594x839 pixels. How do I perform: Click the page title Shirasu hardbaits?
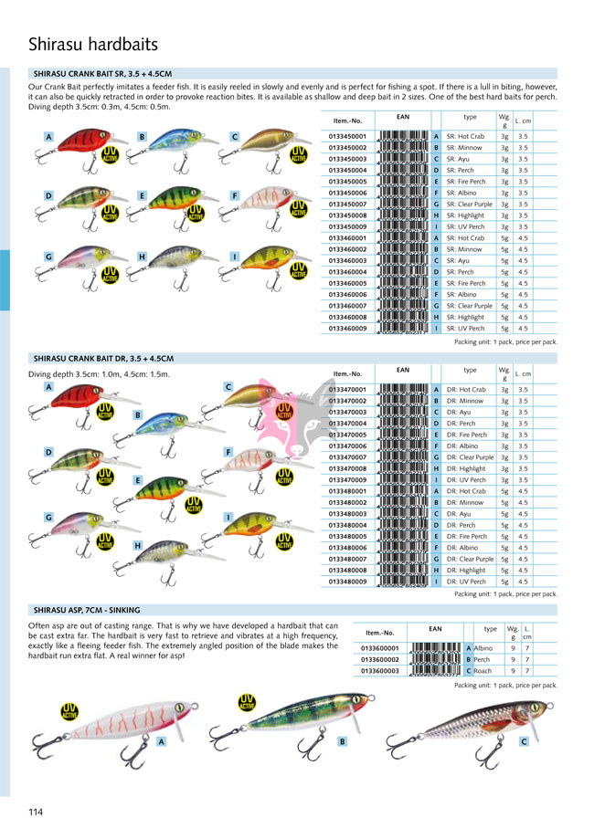pos(93,44)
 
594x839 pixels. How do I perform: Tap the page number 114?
pos(36,812)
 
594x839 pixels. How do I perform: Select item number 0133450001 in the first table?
pos(347,136)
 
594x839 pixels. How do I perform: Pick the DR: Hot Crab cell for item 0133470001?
pos(466,389)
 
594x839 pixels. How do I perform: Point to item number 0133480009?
pos(347,582)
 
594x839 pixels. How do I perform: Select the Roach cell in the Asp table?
pos(483,670)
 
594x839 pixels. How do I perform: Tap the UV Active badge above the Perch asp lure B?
pos(247,702)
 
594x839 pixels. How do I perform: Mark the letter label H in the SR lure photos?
pos(142,257)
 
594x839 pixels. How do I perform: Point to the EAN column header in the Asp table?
pos(435,629)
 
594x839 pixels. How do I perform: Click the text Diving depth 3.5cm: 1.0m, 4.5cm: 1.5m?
pos(100,372)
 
